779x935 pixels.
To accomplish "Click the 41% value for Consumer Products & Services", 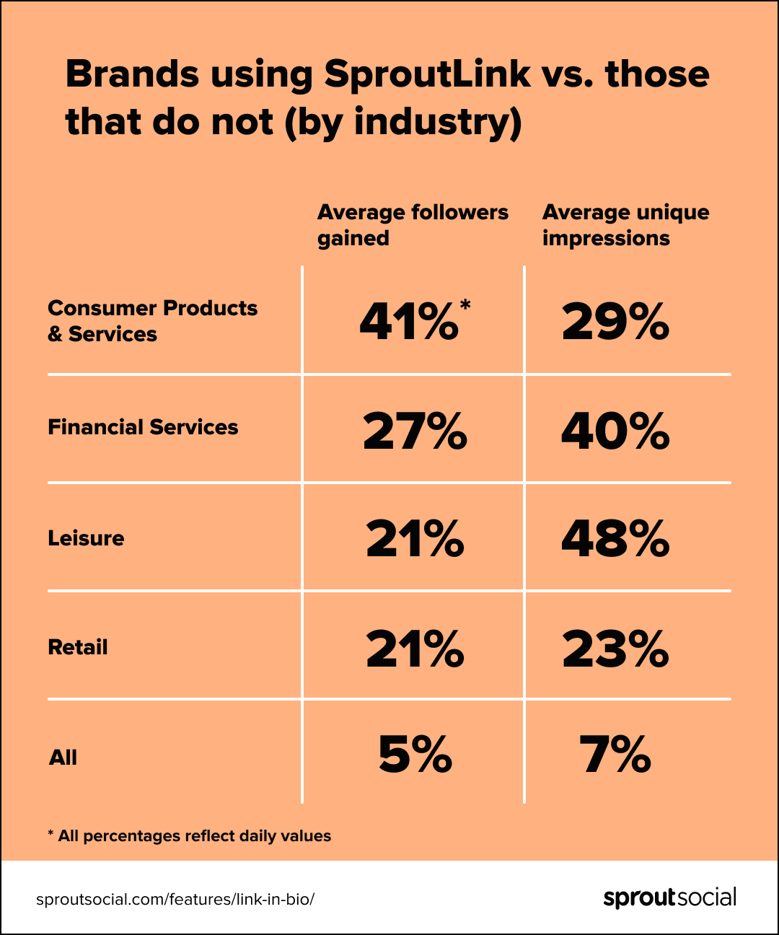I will (x=409, y=322).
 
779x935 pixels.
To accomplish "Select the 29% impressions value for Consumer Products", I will (x=615, y=322).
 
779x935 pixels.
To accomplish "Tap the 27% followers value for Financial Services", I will (x=415, y=431).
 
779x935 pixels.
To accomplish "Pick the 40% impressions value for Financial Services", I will (x=615, y=431).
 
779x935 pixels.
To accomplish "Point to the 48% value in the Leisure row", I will (x=615, y=540).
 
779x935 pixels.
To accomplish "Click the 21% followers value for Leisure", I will (x=415, y=540).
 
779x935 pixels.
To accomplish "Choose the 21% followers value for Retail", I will (x=415, y=649).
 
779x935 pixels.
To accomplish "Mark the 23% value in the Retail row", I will (x=615, y=649).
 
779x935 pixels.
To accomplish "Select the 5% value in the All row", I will (x=415, y=755).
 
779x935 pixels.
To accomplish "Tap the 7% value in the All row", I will (x=615, y=755).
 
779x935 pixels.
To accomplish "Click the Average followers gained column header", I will (x=413, y=225).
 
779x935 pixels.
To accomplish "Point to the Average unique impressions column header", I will (x=625, y=225).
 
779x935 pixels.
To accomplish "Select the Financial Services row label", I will (x=143, y=427).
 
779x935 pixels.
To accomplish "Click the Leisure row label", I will (x=86, y=538).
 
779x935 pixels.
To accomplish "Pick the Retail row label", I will (x=77, y=647).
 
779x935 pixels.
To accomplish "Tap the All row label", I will (x=63, y=758).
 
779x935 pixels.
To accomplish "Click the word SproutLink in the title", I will (x=427, y=74).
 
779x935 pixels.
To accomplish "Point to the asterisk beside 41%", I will (x=465, y=304).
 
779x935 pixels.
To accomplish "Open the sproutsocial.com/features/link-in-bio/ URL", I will (x=175, y=900).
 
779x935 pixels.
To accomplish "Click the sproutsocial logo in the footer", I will (x=669, y=898).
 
